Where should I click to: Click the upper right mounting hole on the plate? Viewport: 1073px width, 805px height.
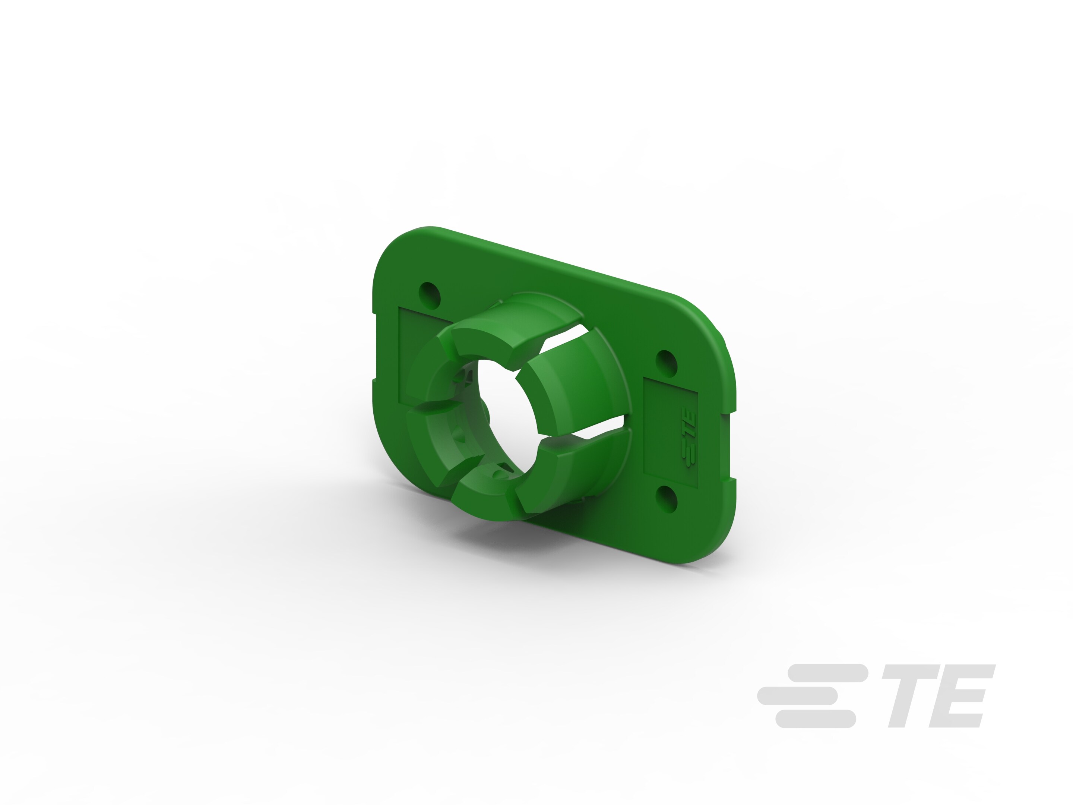[x=666, y=362]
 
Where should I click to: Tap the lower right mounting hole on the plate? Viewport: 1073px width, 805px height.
[x=666, y=498]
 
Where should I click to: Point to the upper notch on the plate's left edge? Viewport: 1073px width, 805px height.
[x=374, y=313]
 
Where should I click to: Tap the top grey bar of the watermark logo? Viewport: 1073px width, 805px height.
[x=827, y=673]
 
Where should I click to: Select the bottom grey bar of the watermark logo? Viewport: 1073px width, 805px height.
[x=815, y=719]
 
